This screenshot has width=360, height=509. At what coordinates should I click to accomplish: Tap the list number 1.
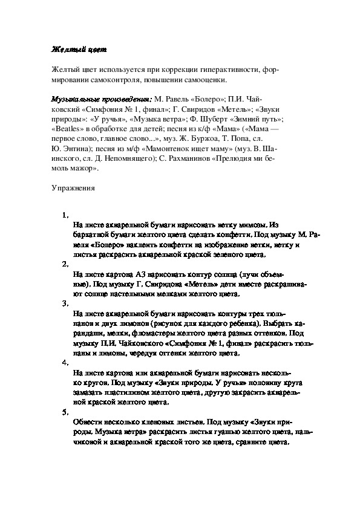click(65, 215)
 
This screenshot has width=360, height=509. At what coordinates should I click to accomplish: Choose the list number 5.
click(65, 412)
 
